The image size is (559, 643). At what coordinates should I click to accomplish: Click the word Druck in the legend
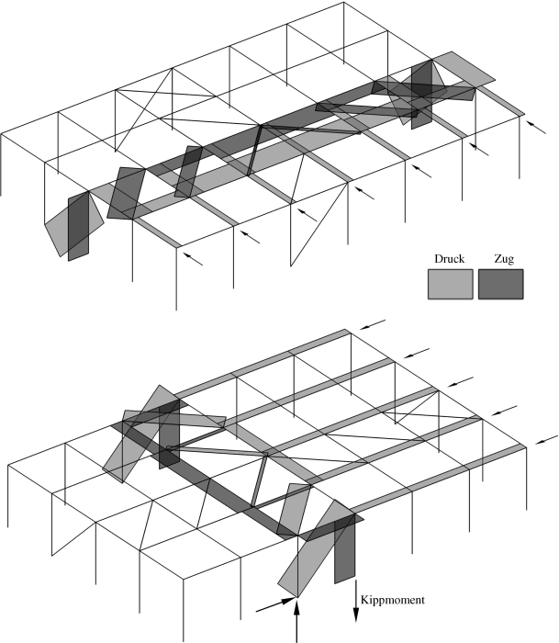pos(450,259)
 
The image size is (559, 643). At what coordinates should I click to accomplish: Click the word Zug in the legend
pos(501,259)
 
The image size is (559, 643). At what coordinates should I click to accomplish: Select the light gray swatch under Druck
pos(450,284)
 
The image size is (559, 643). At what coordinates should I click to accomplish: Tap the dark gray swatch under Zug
pos(501,284)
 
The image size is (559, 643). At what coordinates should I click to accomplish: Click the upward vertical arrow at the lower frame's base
pos(297,620)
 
